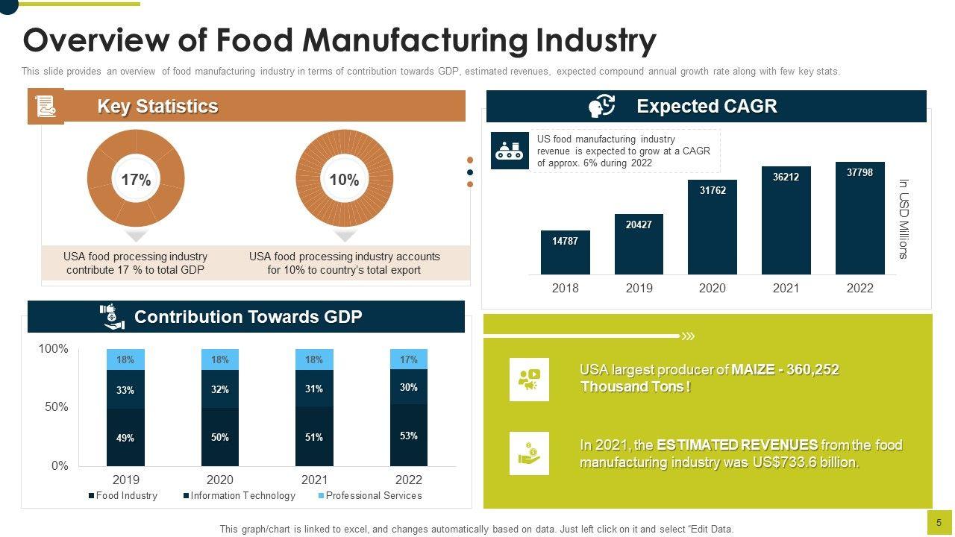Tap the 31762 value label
coord(712,190)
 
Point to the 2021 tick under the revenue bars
coord(786,288)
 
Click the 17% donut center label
coord(136,180)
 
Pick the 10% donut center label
coord(344,180)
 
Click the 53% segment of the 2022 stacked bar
coord(408,436)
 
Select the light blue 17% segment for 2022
coord(408,359)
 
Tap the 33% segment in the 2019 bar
coord(125,389)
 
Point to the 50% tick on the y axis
coord(53,407)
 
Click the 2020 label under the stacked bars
coord(219,480)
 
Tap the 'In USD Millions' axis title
coord(903,219)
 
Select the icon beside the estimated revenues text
coord(529,453)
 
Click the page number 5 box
coord(939,523)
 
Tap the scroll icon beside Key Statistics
coord(46,106)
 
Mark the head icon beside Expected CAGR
coord(601,106)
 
